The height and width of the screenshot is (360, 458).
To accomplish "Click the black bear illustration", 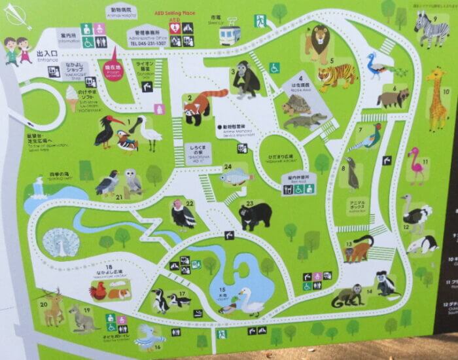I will tap(256, 215).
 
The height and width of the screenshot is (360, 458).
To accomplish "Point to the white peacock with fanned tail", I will tap(61, 243).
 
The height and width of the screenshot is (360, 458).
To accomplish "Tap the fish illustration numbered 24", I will tap(235, 176).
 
